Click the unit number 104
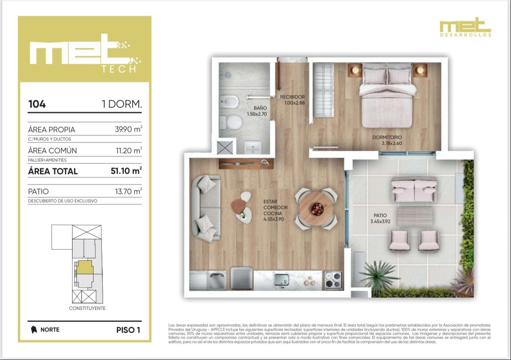[x=37, y=104]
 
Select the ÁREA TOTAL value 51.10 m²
[x=126, y=170]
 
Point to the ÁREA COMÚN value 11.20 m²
[x=129, y=150]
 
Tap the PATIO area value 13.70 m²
[x=128, y=191]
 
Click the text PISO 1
[x=128, y=330]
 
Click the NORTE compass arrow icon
[x=34, y=329]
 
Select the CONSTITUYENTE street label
[x=87, y=308]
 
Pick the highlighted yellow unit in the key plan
[x=85, y=267]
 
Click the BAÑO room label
[x=260, y=108]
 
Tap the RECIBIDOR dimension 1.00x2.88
[x=294, y=103]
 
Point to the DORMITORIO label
[x=387, y=137]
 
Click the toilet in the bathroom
[x=231, y=122]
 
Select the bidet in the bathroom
[x=229, y=102]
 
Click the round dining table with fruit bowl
[x=317, y=209]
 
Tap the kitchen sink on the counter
[x=282, y=280]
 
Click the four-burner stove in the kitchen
[x=334, y=280]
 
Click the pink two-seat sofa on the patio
[x=414, y=190]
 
